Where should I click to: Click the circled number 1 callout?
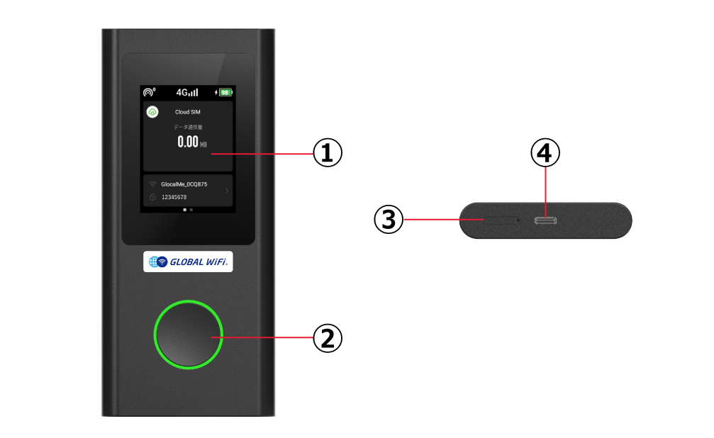pyautogui.click(x=328, y=153)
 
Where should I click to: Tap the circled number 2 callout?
pyautogui.click(x=328, y=338)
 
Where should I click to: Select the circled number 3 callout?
pyautogui.click(x=389, y=220)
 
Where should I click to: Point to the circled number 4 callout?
pyautogui.click(x=545, y=153)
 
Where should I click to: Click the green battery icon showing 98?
pyautogui.click(x=225, y=92)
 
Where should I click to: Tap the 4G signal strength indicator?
pyautogui.click(x=187, y=92)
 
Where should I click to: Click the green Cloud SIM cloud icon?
pyautogui.click(x=152, y=111)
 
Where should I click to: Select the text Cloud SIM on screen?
pyautogui.click(x=188, y=112)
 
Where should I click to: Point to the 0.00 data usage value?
pyautogui.click(x=188, y=142)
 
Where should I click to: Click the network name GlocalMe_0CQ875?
pyautogui.click(x=184, y=184)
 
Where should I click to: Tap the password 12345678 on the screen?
pyautogui.click(x=174, y=197)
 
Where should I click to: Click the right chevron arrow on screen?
pyautogui.click(x=227, y=191)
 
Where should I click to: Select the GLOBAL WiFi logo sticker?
pyautogui.click(x=188, y=262)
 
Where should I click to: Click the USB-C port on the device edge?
pyautogui.click(x=545, y=221)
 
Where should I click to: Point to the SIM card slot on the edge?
pyautogui.click(x=501, y=220)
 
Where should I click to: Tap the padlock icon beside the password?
pyautogui.click(x=152, y=197)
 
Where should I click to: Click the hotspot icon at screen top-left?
pyautogui.click(x=148, y=92)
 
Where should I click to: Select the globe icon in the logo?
pyautogui.click(x=153, y=262)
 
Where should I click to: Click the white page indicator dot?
pyautogui.click(x=184, y=210)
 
